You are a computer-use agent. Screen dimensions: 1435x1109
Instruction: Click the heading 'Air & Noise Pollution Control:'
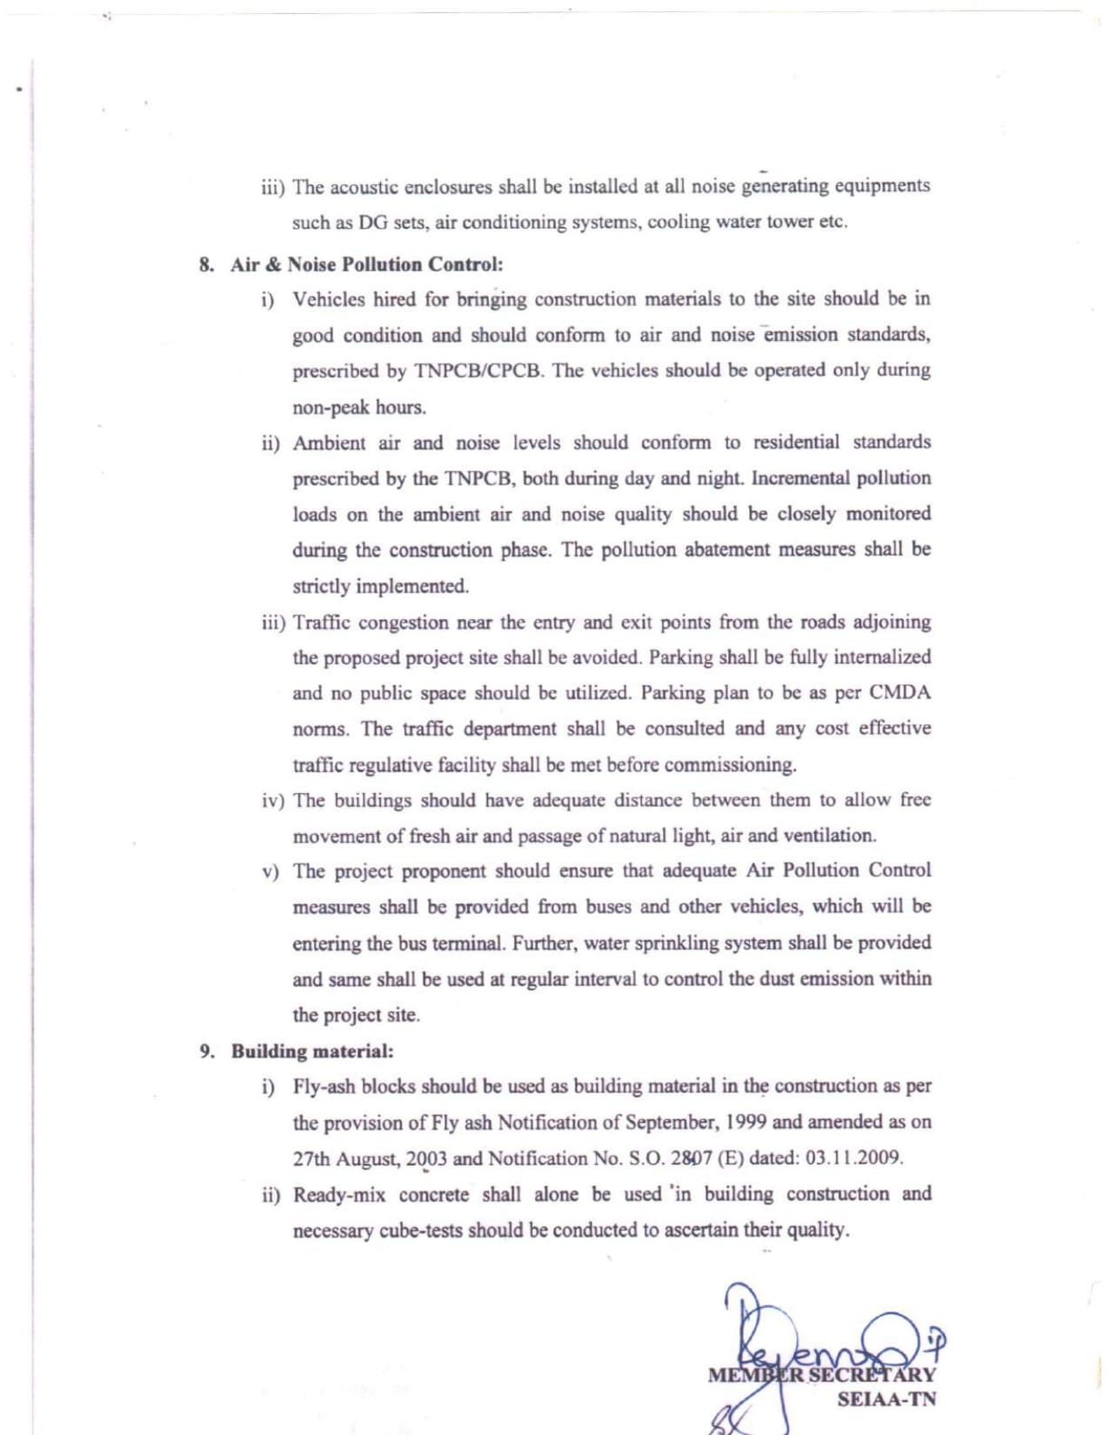(x=366, y=264)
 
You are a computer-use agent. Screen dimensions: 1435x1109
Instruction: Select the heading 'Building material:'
(x=312, y=1051)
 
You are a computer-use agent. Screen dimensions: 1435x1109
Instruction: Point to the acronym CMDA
(x=900, y=693)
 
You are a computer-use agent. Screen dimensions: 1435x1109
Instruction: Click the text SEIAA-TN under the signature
(x=886, y=1399)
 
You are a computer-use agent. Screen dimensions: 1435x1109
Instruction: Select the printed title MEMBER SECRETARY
(x=821, y=1375)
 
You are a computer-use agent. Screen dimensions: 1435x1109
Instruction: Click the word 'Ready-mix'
(x=339, y=1195)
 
